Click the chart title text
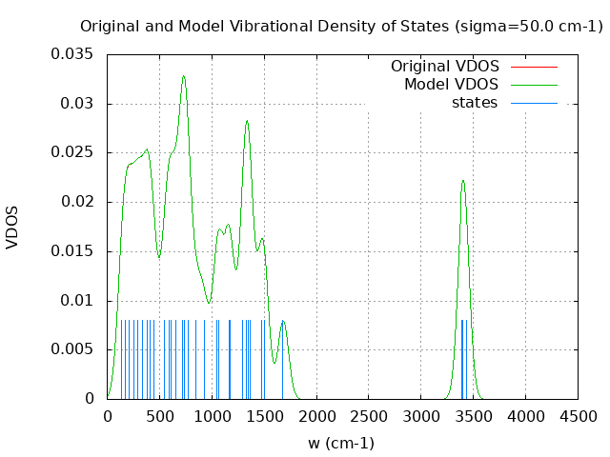point(341,26)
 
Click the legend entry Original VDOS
point(444,67)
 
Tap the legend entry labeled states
point(474,103)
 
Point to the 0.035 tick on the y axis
point(72,54)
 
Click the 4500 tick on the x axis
point(578,417)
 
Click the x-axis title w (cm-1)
point(341,443)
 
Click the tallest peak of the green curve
point(184,76)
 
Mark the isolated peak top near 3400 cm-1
point(463,180)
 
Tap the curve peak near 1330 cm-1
point(247,121)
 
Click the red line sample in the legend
point(534,67)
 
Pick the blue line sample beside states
point(534,103)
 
